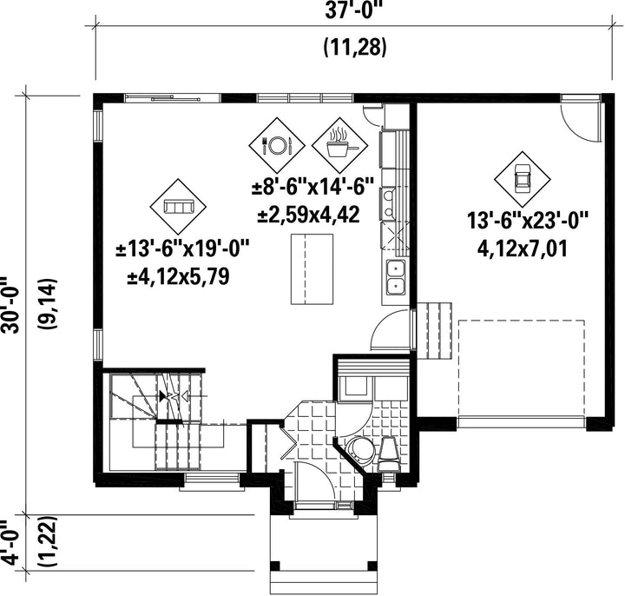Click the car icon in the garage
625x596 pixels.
[x=523, y=179]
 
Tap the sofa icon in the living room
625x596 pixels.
[x=178, y=207]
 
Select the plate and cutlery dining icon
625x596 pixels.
[x=277, y=145]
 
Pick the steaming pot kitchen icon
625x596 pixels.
[x=339, y=145]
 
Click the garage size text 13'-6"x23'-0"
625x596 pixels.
[x=528, y=222]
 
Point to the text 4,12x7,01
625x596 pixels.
[x=522, y=250]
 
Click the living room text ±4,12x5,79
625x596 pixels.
[x=178, y=277]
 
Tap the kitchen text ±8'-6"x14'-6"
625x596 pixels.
[x=313, y=187]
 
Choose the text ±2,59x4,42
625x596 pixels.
[x=309, y=215]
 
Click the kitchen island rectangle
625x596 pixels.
[x=312, y=269]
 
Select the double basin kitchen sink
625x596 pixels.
[x=396, y=275]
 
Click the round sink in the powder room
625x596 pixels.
[x=360, y=449]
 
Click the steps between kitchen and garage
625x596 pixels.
[x=434, y=330]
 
